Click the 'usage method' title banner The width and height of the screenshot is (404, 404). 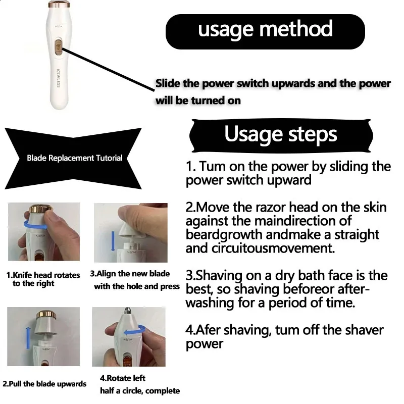[265, 30]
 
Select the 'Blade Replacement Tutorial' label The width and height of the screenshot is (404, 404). [74, 158]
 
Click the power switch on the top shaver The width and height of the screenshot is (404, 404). [58, 48]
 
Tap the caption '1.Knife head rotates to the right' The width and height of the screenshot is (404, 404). [43, 279]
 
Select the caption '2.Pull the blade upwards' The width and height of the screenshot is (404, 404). [44, 384]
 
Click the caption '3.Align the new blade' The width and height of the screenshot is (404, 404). [130, 274]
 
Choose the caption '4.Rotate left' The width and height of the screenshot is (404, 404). [123, 378]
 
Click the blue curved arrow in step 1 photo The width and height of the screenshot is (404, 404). [38, 225]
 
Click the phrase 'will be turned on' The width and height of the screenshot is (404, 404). [198, 100]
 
